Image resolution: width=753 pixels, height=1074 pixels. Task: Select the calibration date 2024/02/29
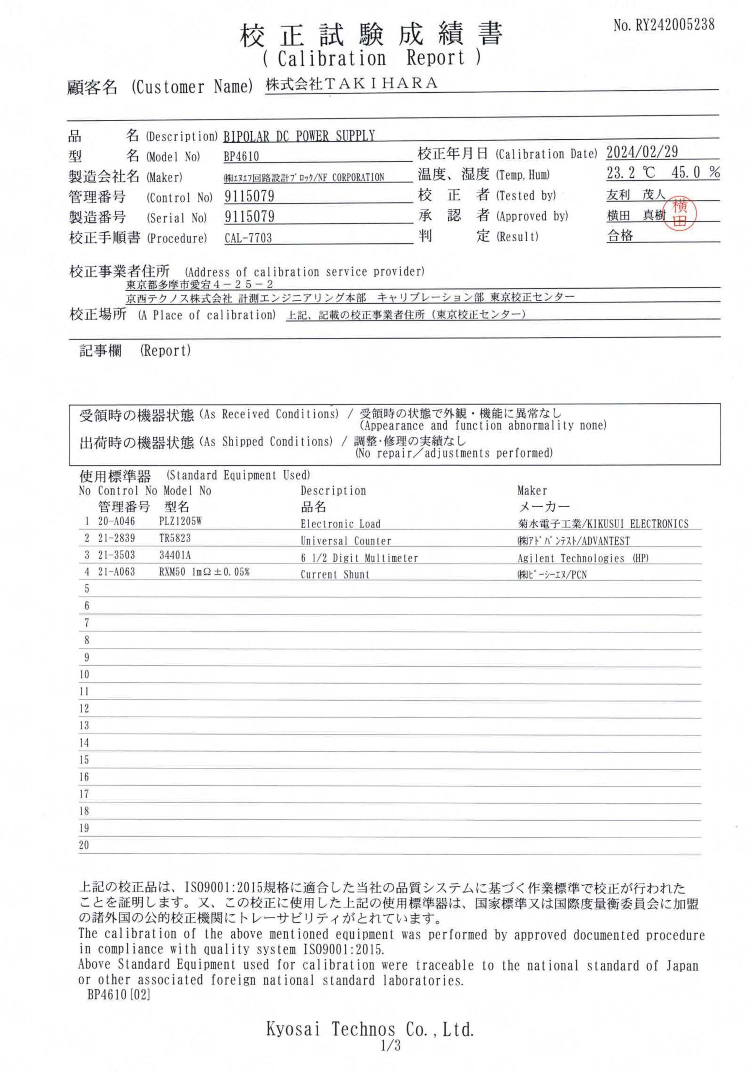[x=642, y=152]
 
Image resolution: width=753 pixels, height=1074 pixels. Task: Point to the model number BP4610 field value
[x=241, y=156]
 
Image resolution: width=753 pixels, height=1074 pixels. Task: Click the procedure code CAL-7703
[x=248, y=237]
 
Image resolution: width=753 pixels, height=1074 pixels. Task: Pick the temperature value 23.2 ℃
[x=631, y=173]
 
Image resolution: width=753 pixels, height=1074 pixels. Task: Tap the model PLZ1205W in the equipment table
[x=180, y=521]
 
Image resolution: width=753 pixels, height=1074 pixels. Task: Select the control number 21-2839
[x=117, y=538]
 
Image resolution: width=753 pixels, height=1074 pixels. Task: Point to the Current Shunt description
[x=335, y=574]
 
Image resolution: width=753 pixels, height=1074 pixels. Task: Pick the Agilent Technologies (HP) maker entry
[x=583, y=558]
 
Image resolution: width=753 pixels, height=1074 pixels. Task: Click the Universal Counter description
[x=346, y=541]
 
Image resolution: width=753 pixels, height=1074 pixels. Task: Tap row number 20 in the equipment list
[x=84, y=845]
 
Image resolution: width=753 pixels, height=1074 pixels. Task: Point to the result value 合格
[x=620, y=236]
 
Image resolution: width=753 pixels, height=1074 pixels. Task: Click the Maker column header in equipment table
[x=532, y=490]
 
